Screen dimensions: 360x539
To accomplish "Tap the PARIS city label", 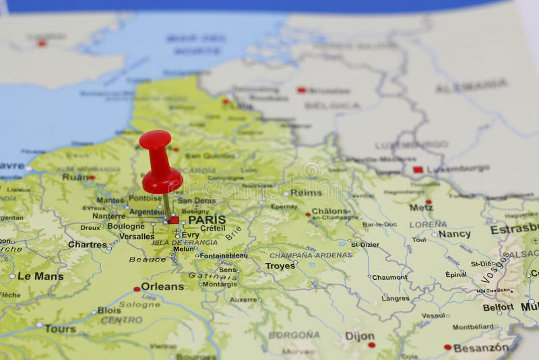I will coord(207,220).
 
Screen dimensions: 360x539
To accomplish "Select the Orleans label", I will coord(162,287).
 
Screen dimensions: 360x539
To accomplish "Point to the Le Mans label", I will coord(40,276).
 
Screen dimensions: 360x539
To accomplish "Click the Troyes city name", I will coord(280,266).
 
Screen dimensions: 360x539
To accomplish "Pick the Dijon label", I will coord(360,336).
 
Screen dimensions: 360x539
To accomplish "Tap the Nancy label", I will coord(454,234).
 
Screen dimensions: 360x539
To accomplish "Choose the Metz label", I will coord(421,208).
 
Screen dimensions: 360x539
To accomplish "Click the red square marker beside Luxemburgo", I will coord(418,170).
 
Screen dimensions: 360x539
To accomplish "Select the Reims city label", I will coord(306,193).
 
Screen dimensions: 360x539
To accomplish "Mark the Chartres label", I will coord(88,245).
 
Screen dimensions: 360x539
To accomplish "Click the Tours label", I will coord(61,329).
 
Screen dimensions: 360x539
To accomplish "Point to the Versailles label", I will coord(136,237).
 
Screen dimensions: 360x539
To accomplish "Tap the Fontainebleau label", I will coord(224,256).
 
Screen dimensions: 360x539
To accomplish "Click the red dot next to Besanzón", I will coord(447,347).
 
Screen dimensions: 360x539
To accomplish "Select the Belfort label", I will coord(498,307).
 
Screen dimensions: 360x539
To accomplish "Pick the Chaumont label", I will coord(390,277).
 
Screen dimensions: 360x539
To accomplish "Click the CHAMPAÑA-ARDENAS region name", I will coord(311,256).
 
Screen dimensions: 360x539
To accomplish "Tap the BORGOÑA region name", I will coord(294,334).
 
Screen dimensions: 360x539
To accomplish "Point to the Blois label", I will coord(109,311).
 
